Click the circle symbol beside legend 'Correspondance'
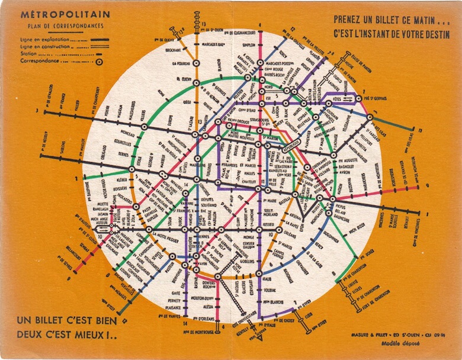coord(98,60)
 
